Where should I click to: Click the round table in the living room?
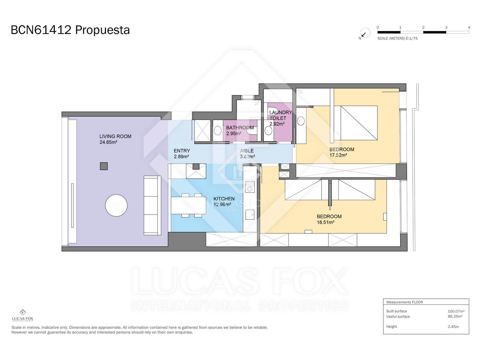coord(116,205)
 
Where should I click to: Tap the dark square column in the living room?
coord(104,166)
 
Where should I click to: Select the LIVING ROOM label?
coord(115,136)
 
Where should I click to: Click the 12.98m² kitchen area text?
coord(222,205)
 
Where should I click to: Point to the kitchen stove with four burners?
coord(250,187)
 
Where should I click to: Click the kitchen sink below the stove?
coord(250,214)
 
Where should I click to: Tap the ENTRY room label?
coord(182,151)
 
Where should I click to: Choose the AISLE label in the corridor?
coord(247,151)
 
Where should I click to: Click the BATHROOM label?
coord(240,128)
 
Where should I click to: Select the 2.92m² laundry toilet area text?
coord(277,124)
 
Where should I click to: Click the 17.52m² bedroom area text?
coord(338,155)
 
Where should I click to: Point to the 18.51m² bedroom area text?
coord(325,222)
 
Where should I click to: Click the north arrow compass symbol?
coord(365,33)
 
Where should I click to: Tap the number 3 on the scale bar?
coord(446,27)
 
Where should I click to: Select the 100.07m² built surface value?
coord(456,311)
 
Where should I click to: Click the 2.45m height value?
coord(453,327)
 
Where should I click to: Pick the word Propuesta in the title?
coord(102,30)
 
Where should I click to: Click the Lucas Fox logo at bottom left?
coord(22,315)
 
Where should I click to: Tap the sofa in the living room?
coord(152,205)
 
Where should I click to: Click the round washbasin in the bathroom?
coord(217,131)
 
